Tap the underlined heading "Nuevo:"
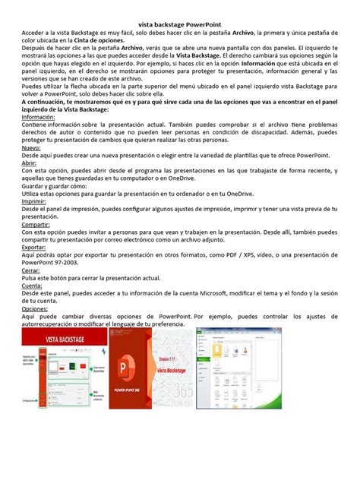33,149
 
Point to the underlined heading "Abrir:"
30,163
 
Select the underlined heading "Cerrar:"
31,270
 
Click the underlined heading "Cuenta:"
32,285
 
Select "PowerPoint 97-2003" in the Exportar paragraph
57,263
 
